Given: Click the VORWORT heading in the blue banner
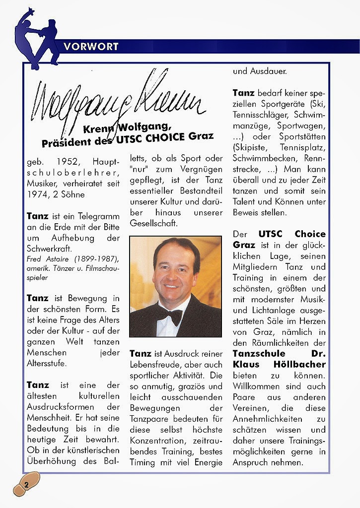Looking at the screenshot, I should pos(91,47).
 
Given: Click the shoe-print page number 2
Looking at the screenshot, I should pos(26,485).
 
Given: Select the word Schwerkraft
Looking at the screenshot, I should pos(48,249).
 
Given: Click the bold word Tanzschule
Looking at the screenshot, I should pos(259,354).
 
